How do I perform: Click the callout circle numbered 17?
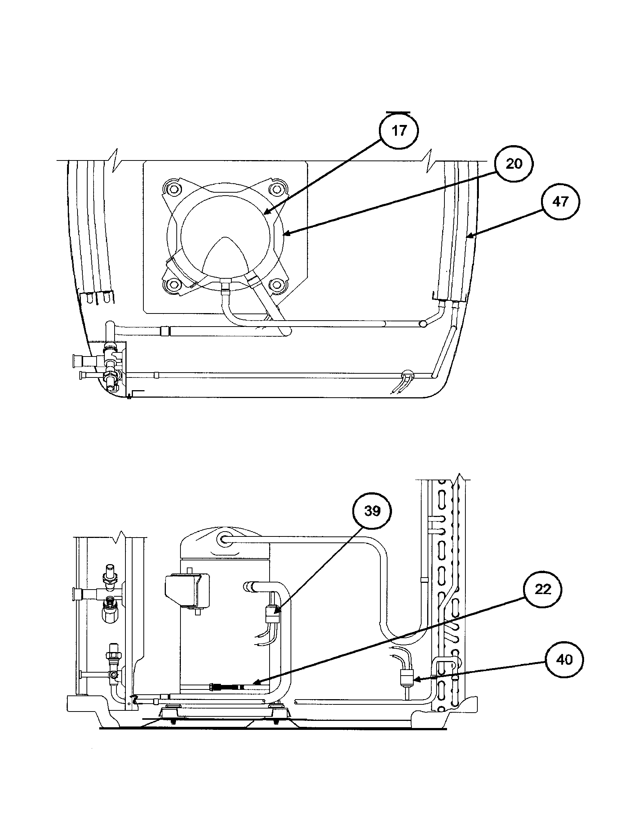(x=399, y=132)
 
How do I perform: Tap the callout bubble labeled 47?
(x=560, y=202)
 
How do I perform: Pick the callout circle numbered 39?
(x=372, y=511)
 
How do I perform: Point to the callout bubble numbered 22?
(x=543, y=589)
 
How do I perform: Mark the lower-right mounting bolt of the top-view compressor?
(x=278, y=285)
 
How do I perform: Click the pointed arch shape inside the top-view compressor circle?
(x=225, y=256)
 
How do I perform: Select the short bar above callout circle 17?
(x=398, y=112)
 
